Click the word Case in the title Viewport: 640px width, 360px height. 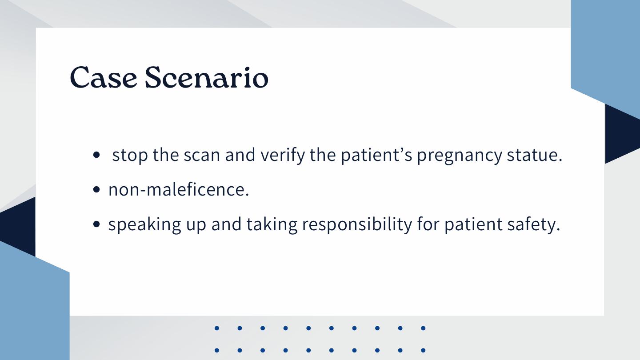point(104,77)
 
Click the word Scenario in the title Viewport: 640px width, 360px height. point(207,77)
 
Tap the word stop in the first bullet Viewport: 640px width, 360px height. point(130,155)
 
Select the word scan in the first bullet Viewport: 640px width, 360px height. point(202,155)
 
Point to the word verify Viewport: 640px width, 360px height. point(283,155)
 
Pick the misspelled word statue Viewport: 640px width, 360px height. point(534,155)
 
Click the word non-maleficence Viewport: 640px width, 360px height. point(179,189)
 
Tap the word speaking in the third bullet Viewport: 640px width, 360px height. point(144,224)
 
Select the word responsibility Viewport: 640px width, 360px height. point(357,224)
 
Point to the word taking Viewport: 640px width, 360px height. point(272,224)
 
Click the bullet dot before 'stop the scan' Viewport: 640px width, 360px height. point(96,155)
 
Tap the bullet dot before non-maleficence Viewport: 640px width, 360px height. point(96,189)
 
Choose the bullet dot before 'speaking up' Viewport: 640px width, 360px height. point(96,224)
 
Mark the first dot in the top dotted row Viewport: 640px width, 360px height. point(217,328)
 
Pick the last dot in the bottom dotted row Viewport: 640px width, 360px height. point(423,350)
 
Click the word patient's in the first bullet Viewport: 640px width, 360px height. point(376,155)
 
